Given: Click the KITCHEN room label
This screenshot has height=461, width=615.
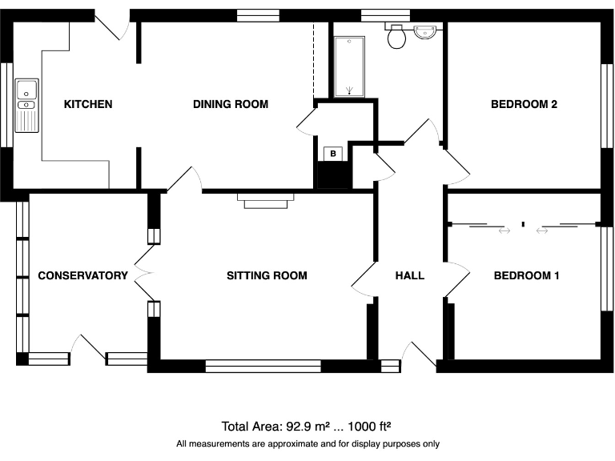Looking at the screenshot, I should click(88, 104).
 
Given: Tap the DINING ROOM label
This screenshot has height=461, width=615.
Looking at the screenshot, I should click(231, 104).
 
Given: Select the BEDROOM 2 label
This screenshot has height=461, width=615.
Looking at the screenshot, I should click(524, 104).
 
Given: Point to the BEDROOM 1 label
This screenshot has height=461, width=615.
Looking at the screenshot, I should click(526, 275).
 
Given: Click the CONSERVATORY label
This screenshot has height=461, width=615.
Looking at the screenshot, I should click(82, 275).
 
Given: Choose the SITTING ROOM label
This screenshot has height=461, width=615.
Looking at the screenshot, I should click(267, 275).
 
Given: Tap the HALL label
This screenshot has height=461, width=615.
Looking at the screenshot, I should click(409, 275).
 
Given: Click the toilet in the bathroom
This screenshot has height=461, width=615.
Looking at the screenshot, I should click(396, 37).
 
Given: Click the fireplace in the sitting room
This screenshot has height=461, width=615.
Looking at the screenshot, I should click(265, 200).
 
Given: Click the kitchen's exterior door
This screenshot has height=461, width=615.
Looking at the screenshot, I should click(115, 24).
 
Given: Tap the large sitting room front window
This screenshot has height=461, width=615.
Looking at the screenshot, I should click(263, 367).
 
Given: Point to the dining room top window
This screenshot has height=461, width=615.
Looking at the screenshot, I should click(259, 14).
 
